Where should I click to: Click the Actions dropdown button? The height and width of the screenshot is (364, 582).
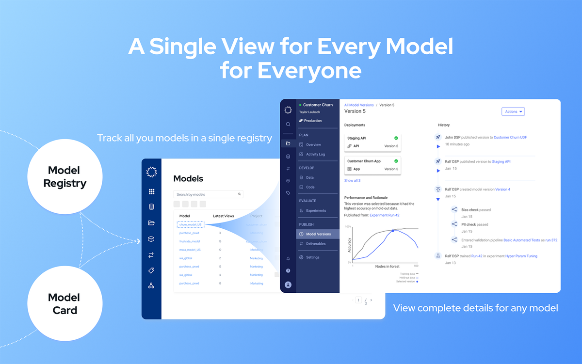click(x=513, y=111)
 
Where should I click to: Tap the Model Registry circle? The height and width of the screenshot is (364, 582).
click(x=65, y=177)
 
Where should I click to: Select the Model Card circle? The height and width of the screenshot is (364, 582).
click(x=65, y=304)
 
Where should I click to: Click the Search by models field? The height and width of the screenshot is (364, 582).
click(x=208, y=194)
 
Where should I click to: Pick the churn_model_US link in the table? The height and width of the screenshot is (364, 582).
click(x=190, y=224)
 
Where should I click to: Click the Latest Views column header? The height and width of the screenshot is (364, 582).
click(x=223, y=216)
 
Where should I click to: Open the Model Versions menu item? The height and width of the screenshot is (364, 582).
click(x=318, y=234)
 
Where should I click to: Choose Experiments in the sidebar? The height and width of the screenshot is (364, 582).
click(x=316, y=211)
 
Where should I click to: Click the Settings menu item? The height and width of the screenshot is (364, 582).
click(x=312, y=257)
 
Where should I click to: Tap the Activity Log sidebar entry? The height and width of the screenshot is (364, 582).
click(x=315, y=154)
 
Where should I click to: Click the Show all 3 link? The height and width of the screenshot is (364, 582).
click(x=352, y=180)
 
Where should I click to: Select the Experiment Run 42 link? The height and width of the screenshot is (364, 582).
click(x=384, y=215)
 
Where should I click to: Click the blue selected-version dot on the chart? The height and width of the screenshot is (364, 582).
click(x=392, y=231)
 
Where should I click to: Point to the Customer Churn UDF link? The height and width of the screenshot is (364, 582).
click(x=510, y=137)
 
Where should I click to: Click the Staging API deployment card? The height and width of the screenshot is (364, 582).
click(x=372, y=142)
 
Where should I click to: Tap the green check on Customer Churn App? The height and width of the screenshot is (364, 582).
click(x=396, y=161)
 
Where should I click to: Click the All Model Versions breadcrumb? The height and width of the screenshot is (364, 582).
click(x=359, y=105)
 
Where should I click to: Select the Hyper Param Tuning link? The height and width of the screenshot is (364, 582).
click(x=521, y=256)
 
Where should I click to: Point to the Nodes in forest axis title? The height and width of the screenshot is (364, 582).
click(x=387, y=266)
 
